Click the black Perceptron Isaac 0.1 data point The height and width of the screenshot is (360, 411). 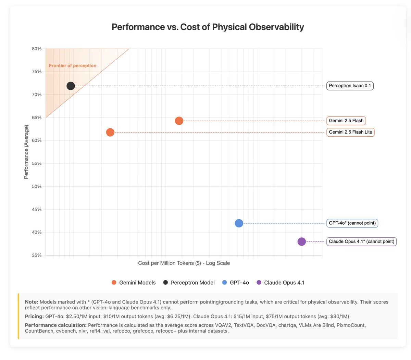pos(71,86)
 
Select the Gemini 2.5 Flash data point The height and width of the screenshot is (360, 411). pos(179,121)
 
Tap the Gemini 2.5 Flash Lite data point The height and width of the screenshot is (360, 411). pos(110,132)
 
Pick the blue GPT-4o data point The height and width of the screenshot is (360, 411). pos(239,223)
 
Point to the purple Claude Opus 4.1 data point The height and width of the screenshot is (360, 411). pos(301,241)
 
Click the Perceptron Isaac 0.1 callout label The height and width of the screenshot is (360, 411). pos(350,86)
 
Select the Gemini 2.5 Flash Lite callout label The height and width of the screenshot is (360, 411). pos(350,132)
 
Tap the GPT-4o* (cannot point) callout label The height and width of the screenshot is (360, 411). pos(352,223)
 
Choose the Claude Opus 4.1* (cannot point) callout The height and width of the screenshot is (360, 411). pos(361,241)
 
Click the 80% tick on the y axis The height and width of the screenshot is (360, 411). pos(37,49)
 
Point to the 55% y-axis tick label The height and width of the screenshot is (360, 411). pos(37,163)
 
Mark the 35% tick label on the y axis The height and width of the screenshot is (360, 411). pos(37,255)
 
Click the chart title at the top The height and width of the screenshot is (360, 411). pos(208,27)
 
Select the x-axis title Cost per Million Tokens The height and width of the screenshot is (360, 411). pos(184,263)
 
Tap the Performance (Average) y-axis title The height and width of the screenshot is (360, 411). pos(26,152)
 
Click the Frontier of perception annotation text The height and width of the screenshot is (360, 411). pos(73,65)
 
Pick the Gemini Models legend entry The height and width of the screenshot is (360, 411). pos(134,283)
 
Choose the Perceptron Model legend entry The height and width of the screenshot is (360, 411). pos(189,283)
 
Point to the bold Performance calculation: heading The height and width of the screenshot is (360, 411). pos(55,325)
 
